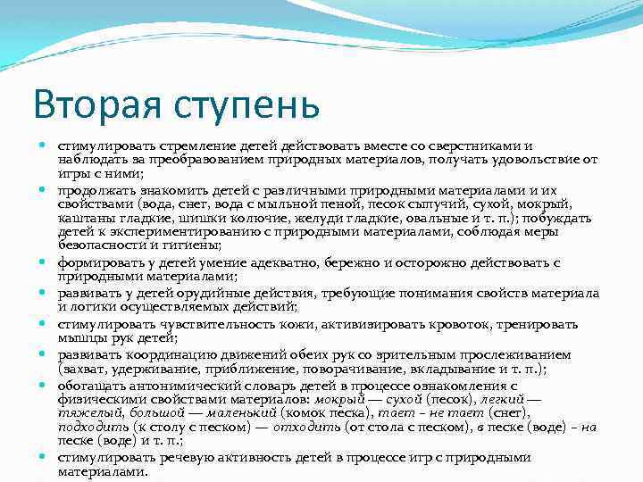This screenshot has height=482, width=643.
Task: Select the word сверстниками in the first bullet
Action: click(x=479, y=146)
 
